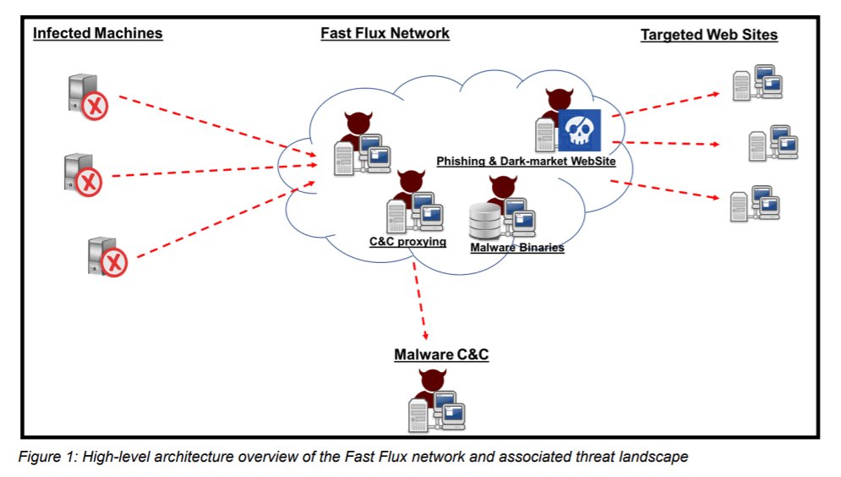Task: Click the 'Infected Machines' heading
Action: point(97,34)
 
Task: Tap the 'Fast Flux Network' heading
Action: point(385,34)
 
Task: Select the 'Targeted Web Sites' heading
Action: point(708,35)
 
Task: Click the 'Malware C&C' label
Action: point(441,354)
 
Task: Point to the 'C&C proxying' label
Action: point(407,242)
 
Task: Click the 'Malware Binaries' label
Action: point(516,248)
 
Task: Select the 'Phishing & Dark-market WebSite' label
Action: point(526,161)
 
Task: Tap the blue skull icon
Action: point(578,131)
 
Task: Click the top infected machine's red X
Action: point(96,107)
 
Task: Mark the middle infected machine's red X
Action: point(90,181)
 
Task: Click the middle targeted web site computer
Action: point(773,144)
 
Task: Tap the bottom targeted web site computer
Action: point(755,204)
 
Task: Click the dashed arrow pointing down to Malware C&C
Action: point(420,300)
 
